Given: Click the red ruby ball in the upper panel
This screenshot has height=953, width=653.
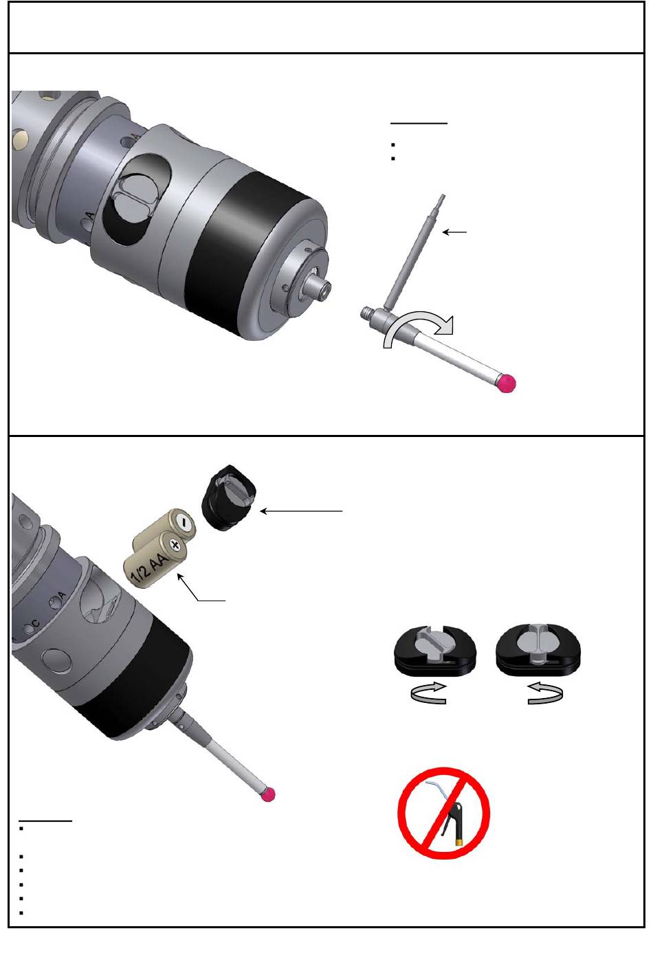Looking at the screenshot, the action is tap(507, 383).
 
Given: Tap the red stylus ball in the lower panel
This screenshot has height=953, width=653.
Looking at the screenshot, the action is tap(269, 794).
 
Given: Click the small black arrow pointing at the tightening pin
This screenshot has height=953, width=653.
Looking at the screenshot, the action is tap(454, 232).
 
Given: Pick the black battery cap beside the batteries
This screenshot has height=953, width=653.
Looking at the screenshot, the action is tap(229, 498).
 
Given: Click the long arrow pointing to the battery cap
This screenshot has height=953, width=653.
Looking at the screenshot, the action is tap(301, 511).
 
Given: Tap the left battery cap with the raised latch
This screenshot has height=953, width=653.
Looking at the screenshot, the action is tap(436, 649).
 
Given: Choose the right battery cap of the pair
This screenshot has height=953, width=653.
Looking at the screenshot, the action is tap(538, 649).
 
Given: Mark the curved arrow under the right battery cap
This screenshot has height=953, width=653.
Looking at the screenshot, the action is tap(545, 693).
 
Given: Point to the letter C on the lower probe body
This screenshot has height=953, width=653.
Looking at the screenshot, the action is tap(36, 624).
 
